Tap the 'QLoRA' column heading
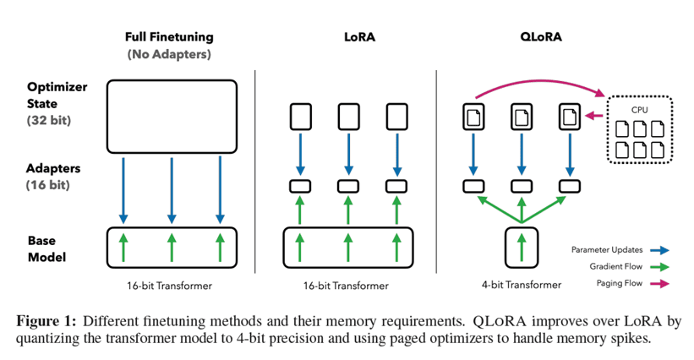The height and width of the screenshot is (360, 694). (x=521, y=37)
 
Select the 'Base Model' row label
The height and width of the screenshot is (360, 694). (x=46, y=248)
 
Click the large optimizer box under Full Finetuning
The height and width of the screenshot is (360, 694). (x=172, y=116)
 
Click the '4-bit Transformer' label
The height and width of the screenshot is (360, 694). (x=522, y=285)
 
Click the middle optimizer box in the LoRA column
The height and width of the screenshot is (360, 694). (x=347, y=117)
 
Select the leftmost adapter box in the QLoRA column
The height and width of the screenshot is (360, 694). (x=473, y=186)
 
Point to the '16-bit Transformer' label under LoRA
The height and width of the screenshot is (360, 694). (x=347, y=286)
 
